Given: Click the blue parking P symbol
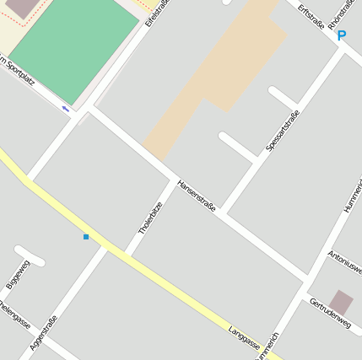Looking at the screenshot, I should [x=342, y=35].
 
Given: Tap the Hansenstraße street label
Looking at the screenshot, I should [x=197, y=196].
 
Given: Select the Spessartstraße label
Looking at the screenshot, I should [x=283, y=131].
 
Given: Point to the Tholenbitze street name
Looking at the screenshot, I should [x=149, y=214].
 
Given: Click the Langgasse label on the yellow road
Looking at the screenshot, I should [x=244, y=335].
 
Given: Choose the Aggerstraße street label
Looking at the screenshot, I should [x=43, y=332].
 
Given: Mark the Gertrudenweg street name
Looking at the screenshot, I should [x=330, y=312].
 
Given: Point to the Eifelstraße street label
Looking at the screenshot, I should [x=157, y=12].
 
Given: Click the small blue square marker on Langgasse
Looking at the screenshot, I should [x=86, y=237].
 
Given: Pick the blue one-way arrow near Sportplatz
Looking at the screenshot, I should [x=66, y=108].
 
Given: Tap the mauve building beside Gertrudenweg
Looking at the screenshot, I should [x=341, y=302].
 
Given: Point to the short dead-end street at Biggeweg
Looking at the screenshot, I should [x=30, y=255].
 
